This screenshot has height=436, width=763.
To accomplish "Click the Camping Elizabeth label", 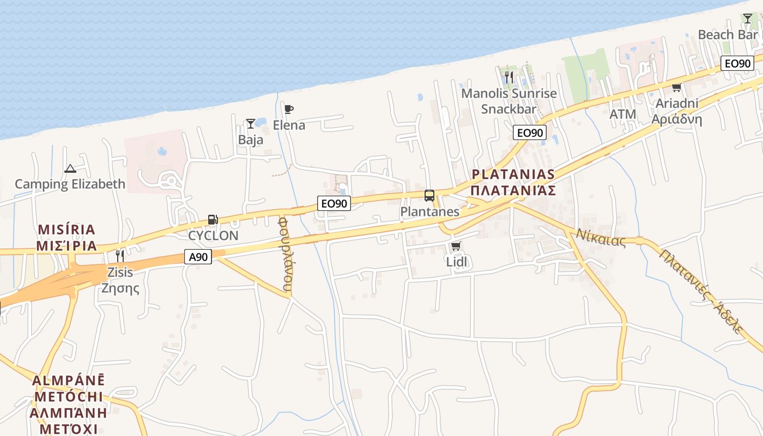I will tap(70, 184).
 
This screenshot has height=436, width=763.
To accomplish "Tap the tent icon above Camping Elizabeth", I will tap(70, 169).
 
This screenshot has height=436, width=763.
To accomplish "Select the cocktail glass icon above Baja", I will tap(250, 124).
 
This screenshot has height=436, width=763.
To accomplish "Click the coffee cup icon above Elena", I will tap(289, 110).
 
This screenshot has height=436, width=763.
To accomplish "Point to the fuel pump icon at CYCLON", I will tap(213, 220).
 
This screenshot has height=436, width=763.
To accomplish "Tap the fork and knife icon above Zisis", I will tap(120, 256).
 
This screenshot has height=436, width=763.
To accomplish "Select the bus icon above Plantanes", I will tap(429, 196).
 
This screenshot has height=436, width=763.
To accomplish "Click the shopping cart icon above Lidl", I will tap(456, 246).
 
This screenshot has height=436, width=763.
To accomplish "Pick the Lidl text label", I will tap(457, 262).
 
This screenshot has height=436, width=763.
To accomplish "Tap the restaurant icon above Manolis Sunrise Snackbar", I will tap(509, 77).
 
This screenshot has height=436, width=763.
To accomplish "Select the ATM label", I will tap(622, 114).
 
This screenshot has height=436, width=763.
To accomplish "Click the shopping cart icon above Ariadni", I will tap(677, 87).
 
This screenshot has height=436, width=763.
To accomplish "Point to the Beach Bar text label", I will tap(728, 34).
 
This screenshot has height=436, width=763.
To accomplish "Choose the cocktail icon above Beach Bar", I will tap(747, 19).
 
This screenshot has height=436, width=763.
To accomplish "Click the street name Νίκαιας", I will tap(601, 238).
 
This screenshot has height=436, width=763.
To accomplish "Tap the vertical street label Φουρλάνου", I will tap(284, 253).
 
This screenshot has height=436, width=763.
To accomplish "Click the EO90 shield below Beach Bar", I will tap(737, 63).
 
